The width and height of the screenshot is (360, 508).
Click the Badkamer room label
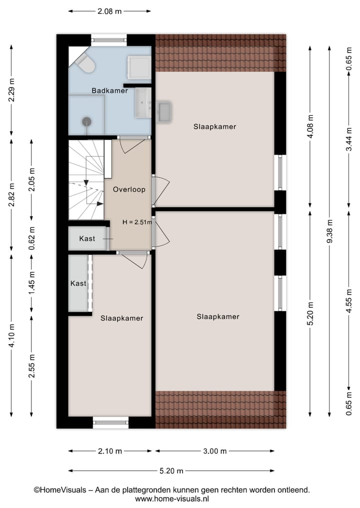[x=109, y=90]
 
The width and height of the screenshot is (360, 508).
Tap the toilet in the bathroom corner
[x=85, y=63]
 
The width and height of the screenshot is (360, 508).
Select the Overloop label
[x=129, y=189]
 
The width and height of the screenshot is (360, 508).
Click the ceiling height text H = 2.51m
[x=137, y=222]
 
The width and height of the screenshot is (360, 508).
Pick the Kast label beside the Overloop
[x=87, y=239]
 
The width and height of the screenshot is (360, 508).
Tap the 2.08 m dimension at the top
[x=109, y=10]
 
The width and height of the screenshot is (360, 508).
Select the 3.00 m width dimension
[x=214, y=451]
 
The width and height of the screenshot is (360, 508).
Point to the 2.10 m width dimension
[x=109, y=451]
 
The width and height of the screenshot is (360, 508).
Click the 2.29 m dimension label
[x=11, y=90]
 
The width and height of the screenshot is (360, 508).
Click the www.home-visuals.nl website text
[x=171, y=499]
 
